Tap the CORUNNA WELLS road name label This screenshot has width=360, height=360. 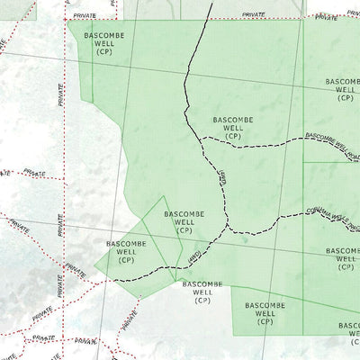click(x=328, y=216)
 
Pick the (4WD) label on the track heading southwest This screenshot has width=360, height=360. click(x=192, y=259)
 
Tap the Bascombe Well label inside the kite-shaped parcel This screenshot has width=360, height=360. click(x=184, y=220)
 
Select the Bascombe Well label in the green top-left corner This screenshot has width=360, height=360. click(x=103, y=41)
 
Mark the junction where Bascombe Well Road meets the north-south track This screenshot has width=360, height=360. click(x=200, y=139)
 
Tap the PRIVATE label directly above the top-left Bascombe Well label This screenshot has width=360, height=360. click(x=85, y=16)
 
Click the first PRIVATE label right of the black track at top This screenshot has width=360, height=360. click(x=254, y=15)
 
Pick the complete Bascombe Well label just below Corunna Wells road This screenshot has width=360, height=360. click(x=345, y=257)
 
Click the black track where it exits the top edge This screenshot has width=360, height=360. click(x=210, y=3)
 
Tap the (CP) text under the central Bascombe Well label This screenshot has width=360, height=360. click(x=233, y=136)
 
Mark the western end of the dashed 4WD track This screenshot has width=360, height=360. click(x=115, y=280)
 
